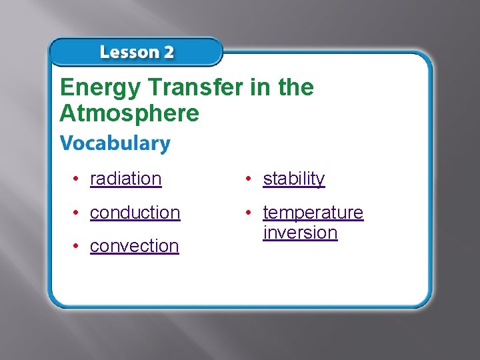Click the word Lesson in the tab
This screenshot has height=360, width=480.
(x=128, y=53)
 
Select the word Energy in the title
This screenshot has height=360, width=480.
(x=99, y=88)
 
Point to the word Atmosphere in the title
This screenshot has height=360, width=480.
(x=129, y=113)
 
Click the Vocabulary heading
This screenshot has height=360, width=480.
(x=115, y=143)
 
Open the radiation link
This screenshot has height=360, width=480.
(x=125, y=179)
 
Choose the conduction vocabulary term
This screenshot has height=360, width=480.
(x=135, y=212)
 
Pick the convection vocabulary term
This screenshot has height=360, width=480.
(x=134, y=245)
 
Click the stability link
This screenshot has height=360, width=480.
(x=293, y=179)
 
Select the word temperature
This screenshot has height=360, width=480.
(x=313, y=212)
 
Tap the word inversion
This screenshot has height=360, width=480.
(x=300, y=232)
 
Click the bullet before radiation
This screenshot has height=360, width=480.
(x=78, y=179)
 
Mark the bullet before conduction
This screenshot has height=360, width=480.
(x=78, y=212)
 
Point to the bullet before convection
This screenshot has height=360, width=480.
(x=78, y=245)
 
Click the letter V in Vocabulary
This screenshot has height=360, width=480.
(x=66, y=143)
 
